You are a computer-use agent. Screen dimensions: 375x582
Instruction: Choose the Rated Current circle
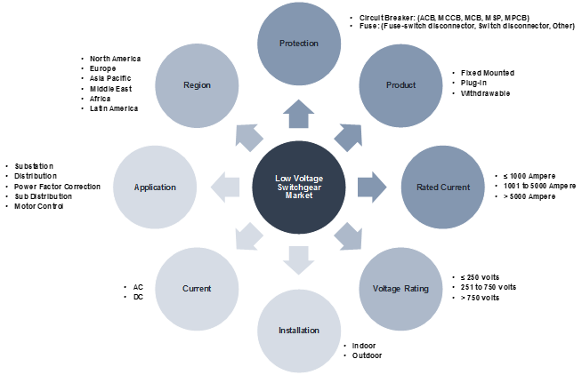tap(442, 187)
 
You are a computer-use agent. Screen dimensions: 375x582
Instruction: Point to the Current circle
tap(196, 289)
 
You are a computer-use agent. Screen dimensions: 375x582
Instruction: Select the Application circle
tap(155, 187)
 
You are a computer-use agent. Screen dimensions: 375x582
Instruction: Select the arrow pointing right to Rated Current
tap(371, 187)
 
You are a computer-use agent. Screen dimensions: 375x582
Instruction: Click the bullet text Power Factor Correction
tap(57, 187)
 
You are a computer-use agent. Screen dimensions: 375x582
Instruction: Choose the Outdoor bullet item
tap(367, 355)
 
